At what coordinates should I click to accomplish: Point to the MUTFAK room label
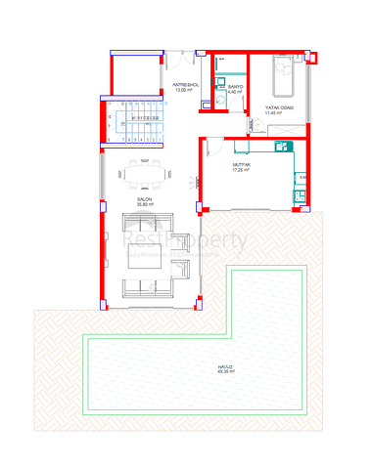coord(243,165)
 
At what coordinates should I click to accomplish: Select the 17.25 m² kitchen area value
coord(243,171)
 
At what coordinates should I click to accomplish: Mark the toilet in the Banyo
coord(222,98)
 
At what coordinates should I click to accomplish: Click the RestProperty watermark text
coord(186,240)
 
